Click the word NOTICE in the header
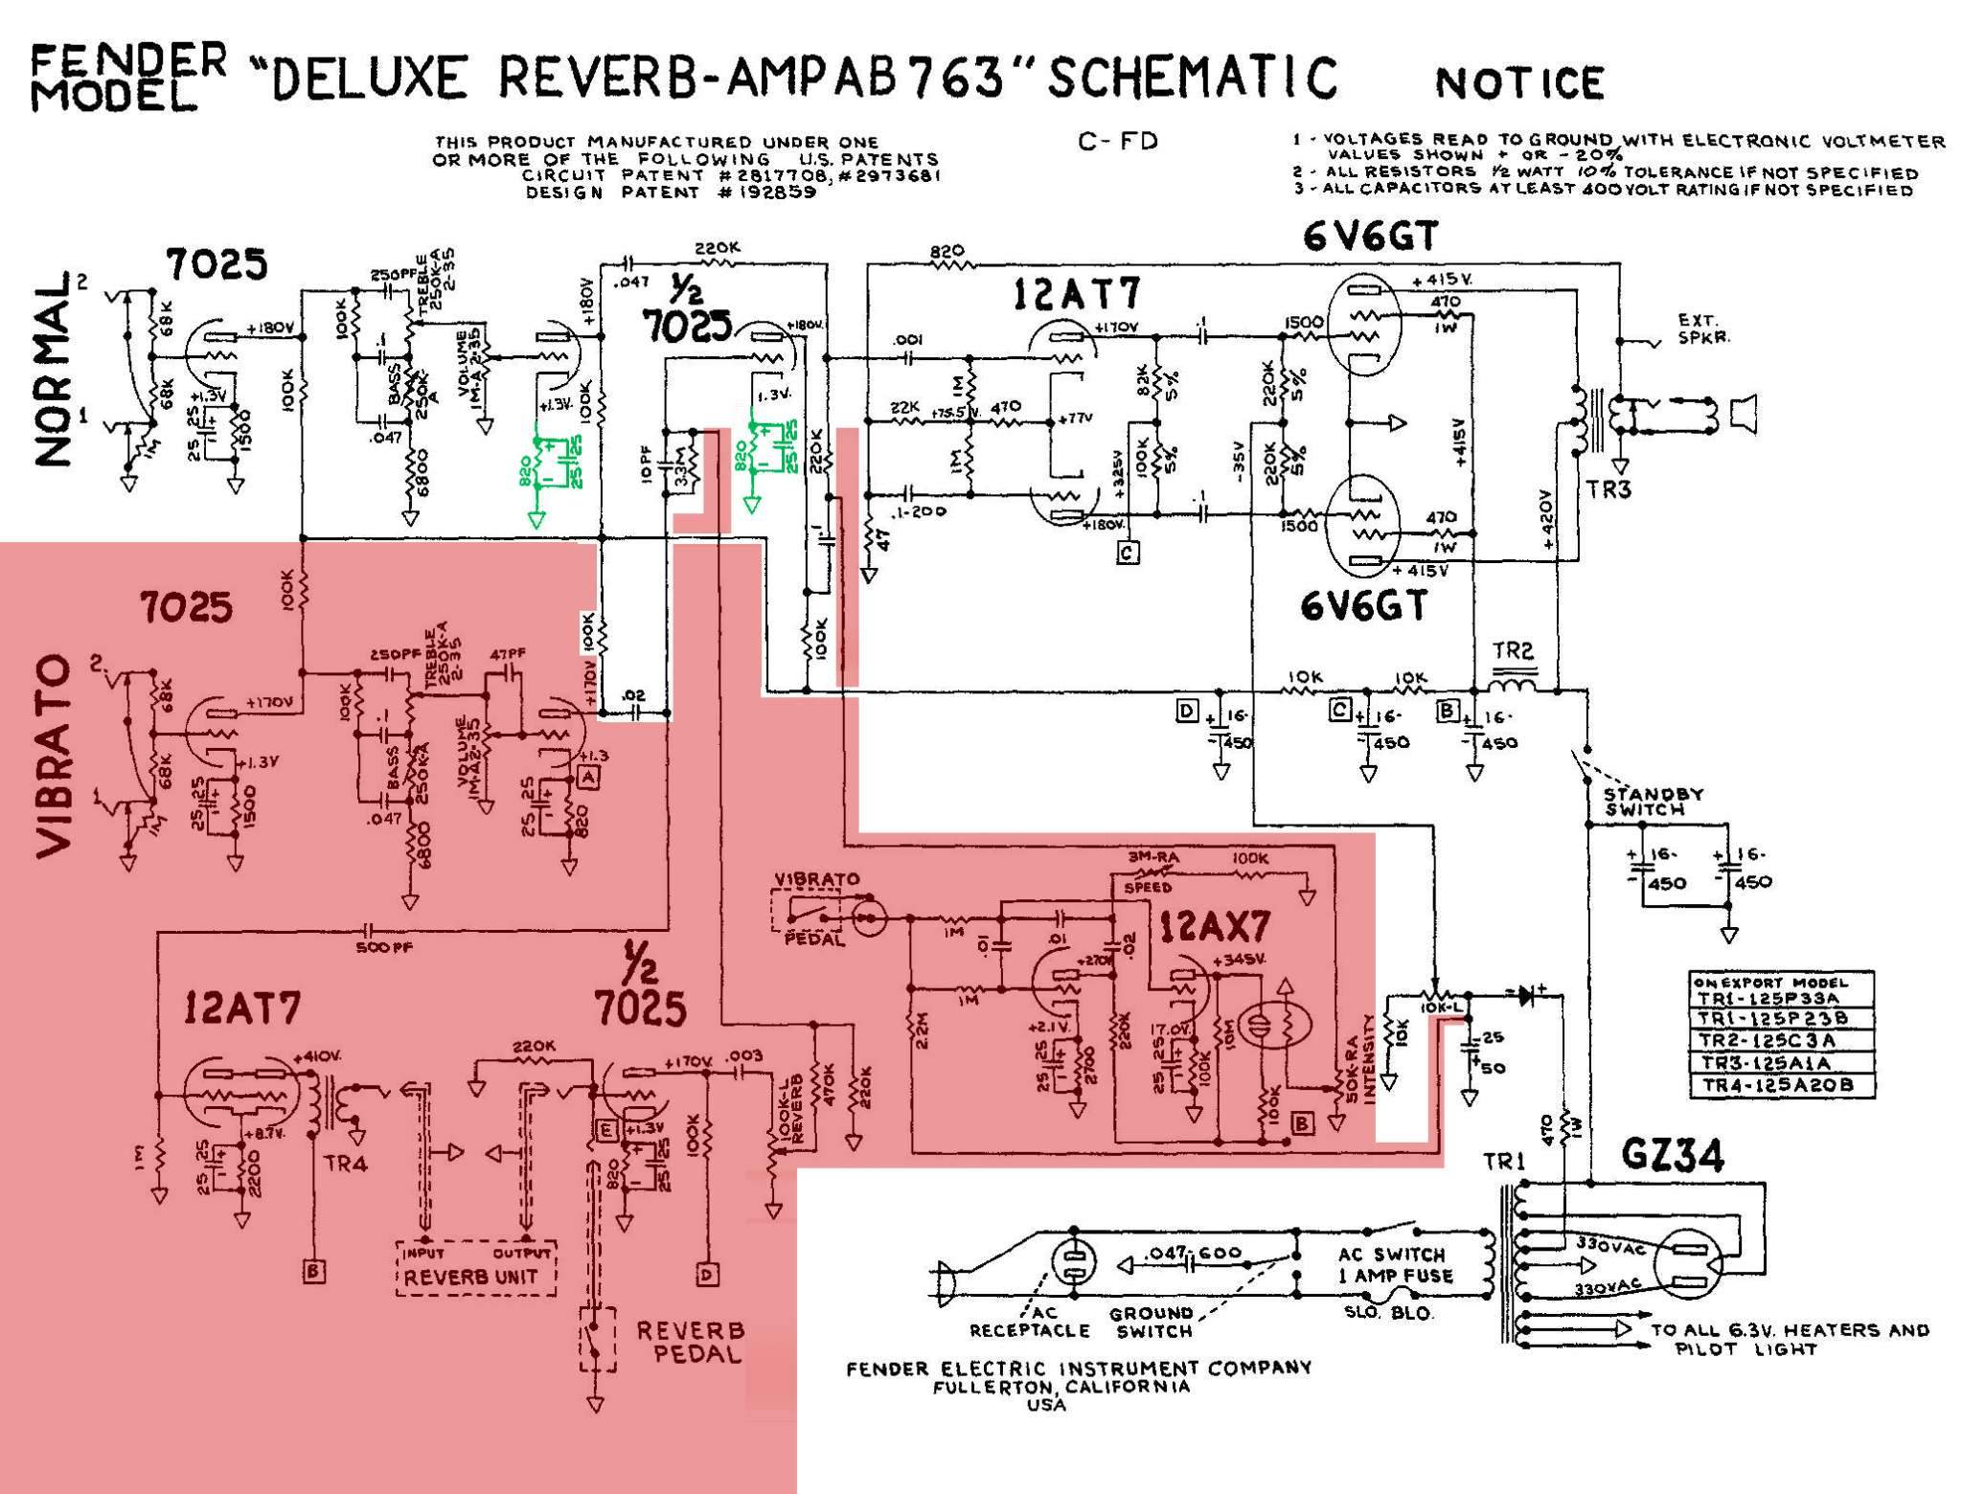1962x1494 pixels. (1519, 82)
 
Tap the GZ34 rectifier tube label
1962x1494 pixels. (1672, 1156)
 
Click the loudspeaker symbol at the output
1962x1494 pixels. (1743, 413)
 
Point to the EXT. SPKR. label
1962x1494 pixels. (1703, 328)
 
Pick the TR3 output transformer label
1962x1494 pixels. (1607, 489)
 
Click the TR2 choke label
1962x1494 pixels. (1513, 651)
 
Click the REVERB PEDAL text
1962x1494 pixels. (690, 1342)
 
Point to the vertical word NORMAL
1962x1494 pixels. (54, 370)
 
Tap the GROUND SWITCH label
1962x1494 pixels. (1152, 1322)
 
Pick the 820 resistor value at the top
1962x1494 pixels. (947, 251)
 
